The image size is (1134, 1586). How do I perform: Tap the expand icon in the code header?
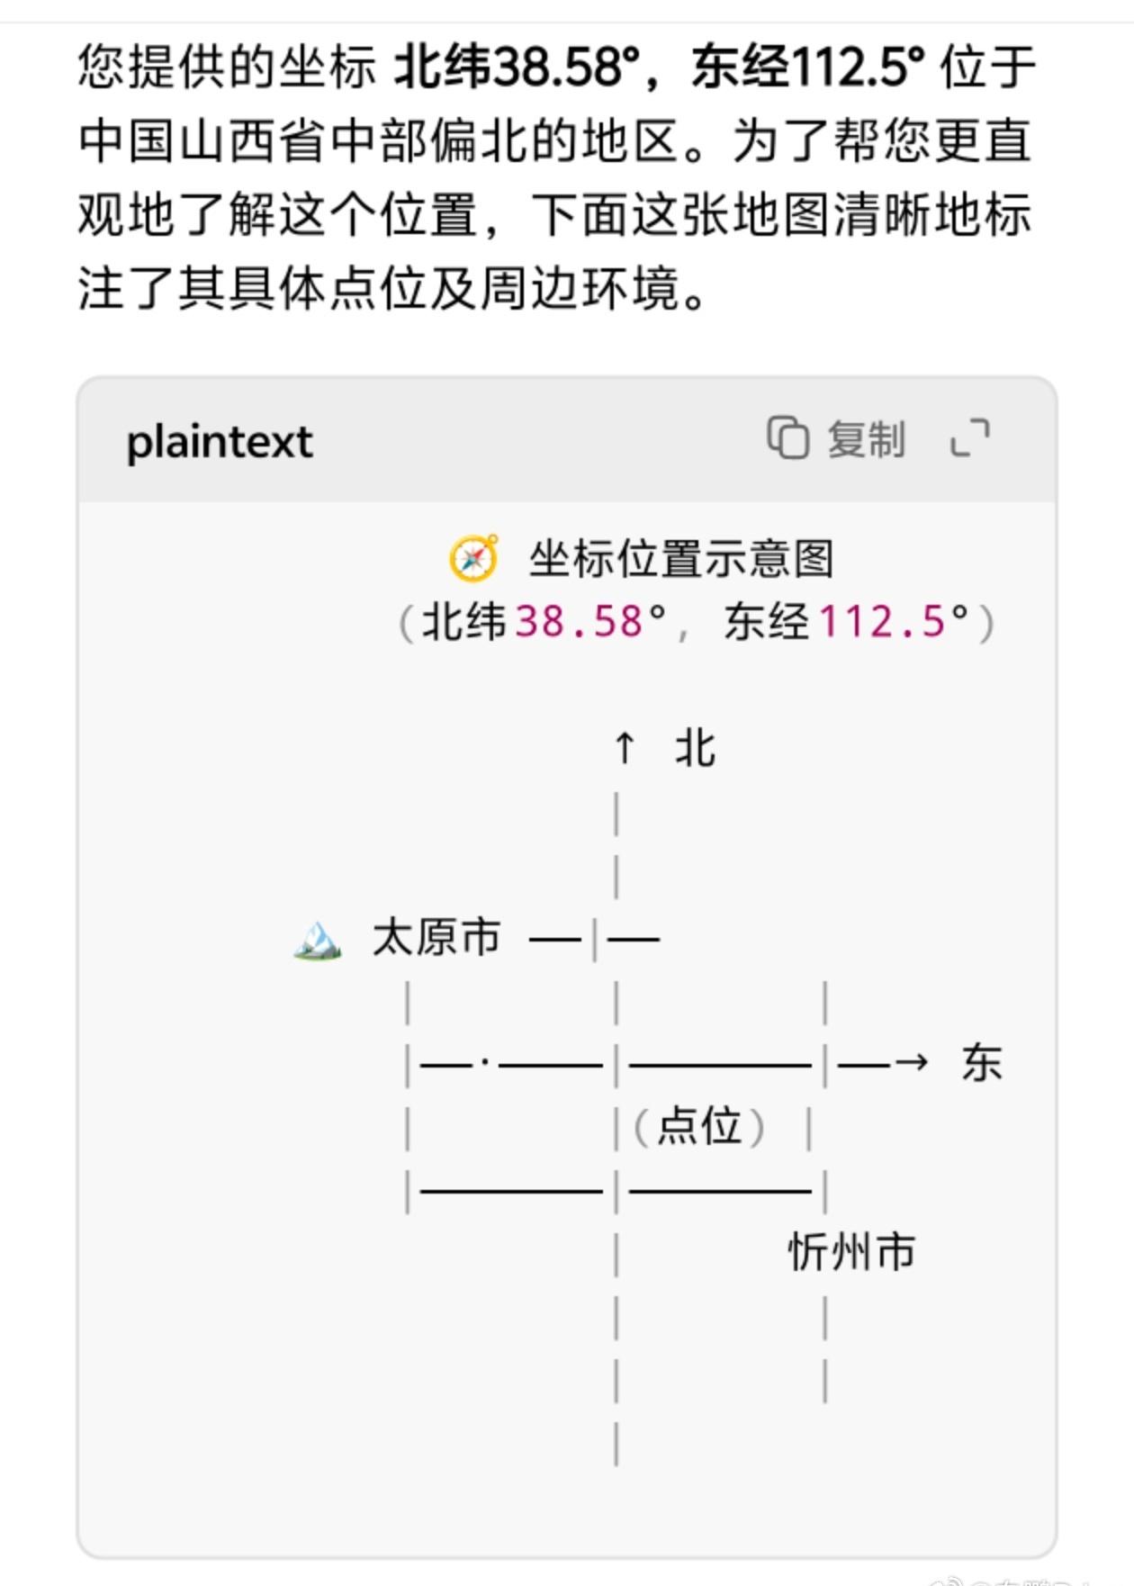(x=970, y=438)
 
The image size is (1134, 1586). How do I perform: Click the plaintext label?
(x=220, y=442)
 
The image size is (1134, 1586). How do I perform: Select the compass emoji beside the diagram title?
(x=473, y=558)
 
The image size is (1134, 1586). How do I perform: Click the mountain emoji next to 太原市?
(x=318, y=940)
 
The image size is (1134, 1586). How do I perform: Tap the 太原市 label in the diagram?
(x=436, y=937)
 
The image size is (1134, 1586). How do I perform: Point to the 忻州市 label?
(x=851, y=1251)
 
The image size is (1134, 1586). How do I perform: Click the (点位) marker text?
(x=699, y=1126)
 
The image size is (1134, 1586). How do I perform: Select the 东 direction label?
(x=981, y=1063)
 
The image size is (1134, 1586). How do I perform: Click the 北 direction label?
(x=696, y=748)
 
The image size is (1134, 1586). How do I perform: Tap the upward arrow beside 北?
(x=624, y=748)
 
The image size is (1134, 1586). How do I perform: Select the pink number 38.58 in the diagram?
(x=579, y=622)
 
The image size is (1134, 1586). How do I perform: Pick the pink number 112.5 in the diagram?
(x=882, y=622)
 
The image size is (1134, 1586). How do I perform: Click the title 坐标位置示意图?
(x=680, y=558)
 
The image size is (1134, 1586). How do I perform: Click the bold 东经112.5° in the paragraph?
(x=807, y=68)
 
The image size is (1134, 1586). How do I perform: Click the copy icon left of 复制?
(x=787, y=438)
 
